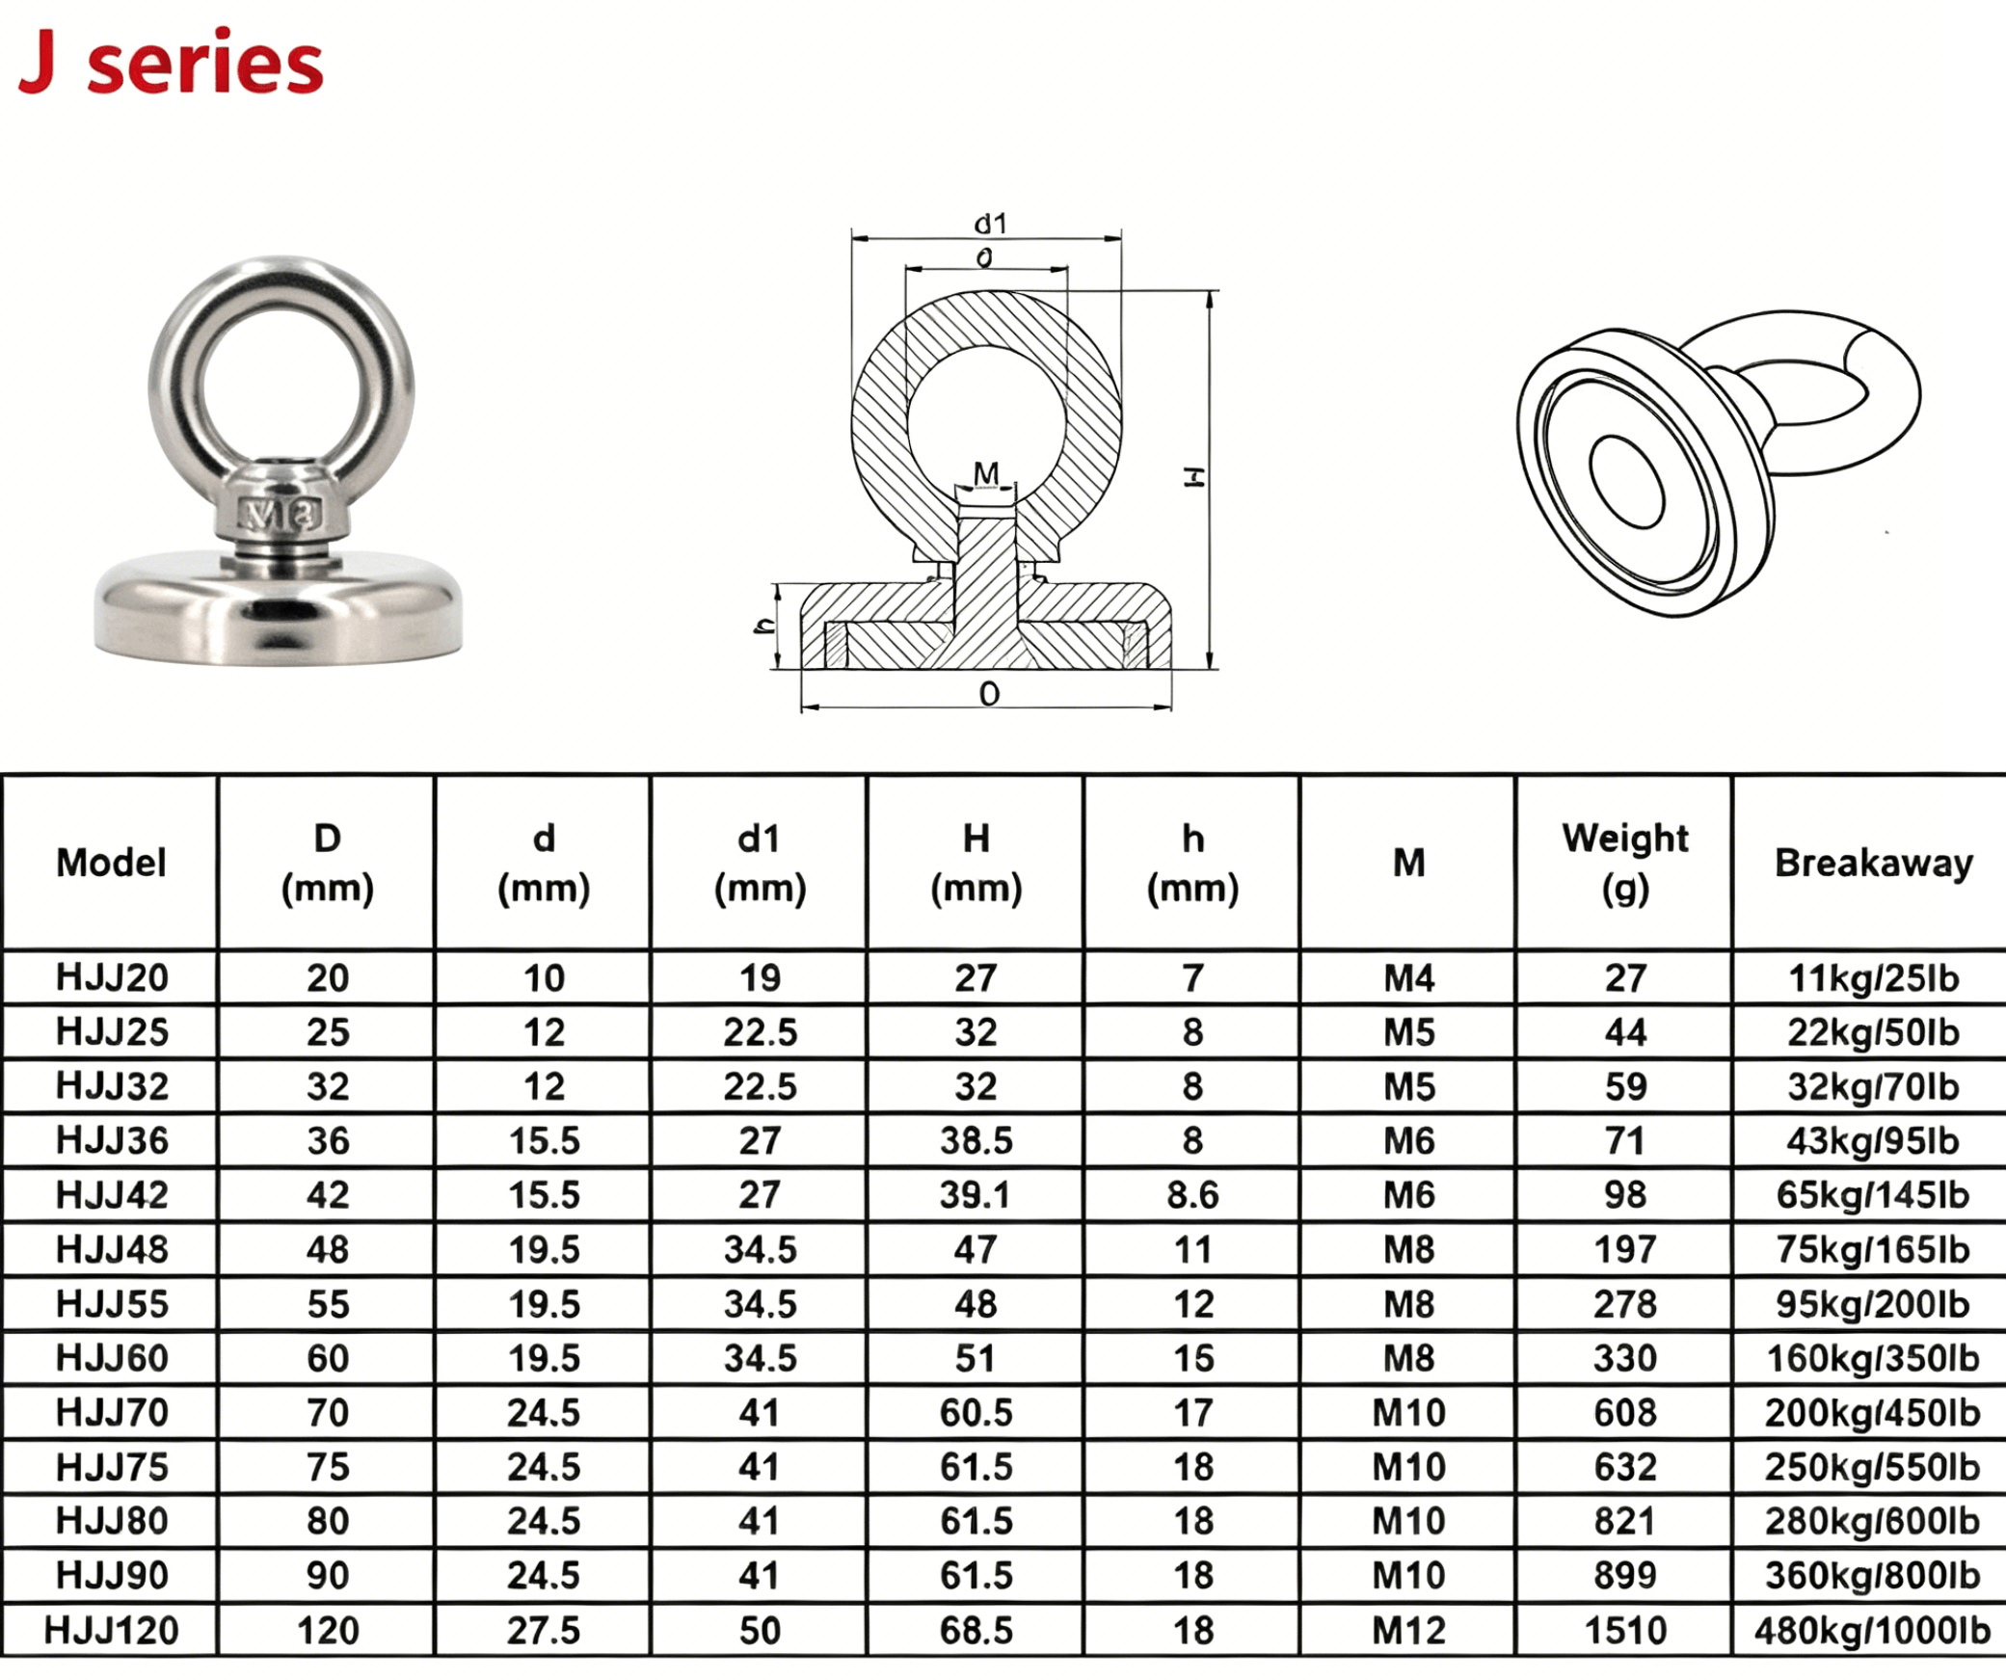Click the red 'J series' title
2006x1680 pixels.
click(171, 62)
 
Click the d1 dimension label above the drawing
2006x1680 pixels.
click(990, 224)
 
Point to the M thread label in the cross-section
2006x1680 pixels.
click(986, 473)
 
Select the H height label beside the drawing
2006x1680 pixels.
click(1194, 477)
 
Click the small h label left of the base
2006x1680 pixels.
click(763, 626)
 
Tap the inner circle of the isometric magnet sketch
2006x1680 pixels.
click(1627, 481)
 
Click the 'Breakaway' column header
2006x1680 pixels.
click(1874, 864)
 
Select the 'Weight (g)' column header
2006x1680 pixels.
click(1625, 863)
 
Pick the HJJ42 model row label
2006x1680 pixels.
click(112, 1195)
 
